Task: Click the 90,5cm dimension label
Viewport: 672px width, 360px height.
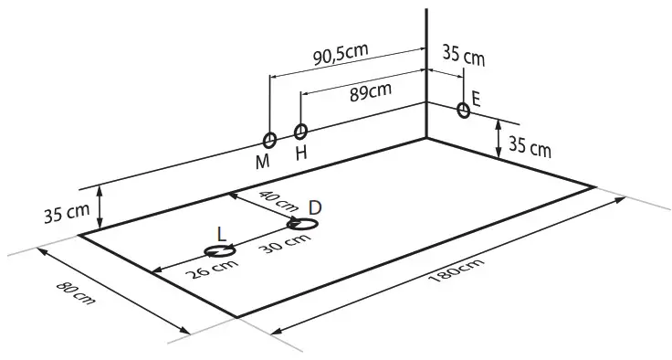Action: (341, 56)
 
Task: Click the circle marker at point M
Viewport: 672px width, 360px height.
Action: (269, 141)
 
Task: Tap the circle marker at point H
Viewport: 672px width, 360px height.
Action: (301, 132)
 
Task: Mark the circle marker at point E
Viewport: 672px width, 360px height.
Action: (464, 111)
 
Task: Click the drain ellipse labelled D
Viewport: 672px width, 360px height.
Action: (302, 224)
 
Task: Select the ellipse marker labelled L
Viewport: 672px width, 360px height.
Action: (220, 249)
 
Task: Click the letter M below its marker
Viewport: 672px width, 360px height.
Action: (263, 162)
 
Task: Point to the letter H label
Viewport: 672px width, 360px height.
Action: (301, 153)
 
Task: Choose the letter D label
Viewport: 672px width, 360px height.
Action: (314, 207)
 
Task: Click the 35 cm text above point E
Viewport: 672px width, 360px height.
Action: (463, 56)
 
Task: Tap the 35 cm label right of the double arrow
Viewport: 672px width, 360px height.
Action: (530, 146)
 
